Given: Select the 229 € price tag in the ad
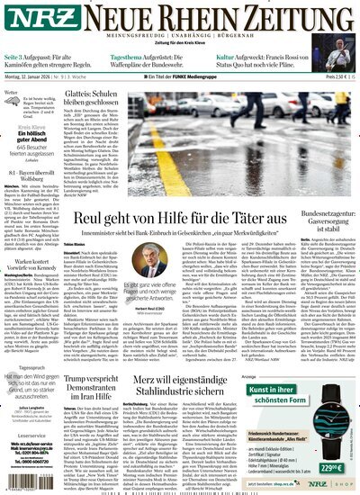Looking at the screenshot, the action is coord(332,467).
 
